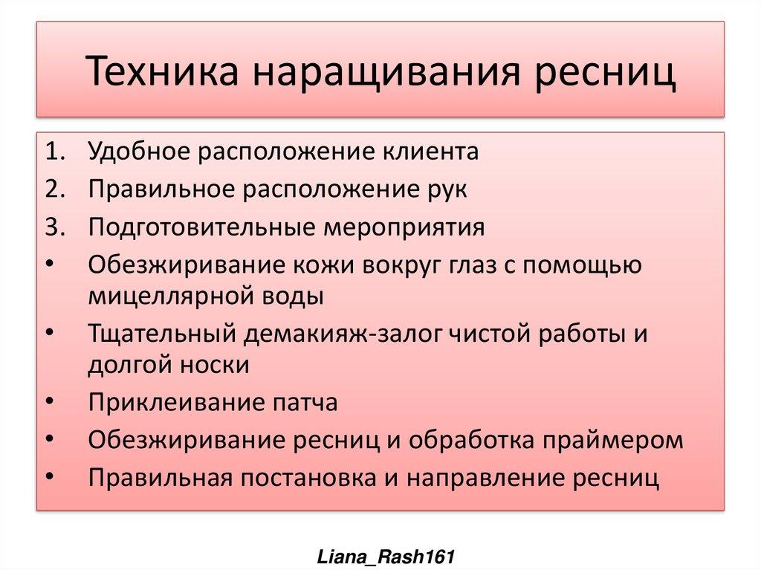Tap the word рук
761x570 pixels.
click(446, 190)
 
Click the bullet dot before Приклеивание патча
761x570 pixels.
click(50, 403)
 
